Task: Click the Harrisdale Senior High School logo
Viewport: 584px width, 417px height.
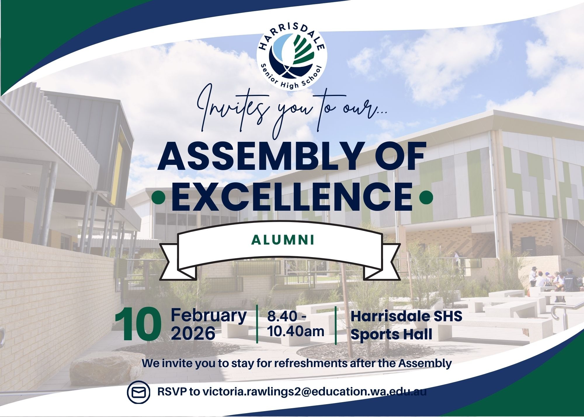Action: pyautogui.click(x=292, y=58)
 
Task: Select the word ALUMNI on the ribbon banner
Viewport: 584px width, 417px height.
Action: pyautogui.click(x=283, y=240)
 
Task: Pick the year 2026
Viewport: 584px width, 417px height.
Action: pyautogui.click(x=193, y=333)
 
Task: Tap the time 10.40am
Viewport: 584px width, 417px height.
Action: pyautogui.click(x=296, y=331)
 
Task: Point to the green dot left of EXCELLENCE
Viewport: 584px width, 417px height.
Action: pyautogui.click(x=158, y=198)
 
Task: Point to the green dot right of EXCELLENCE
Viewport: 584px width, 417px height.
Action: pyautogui.click(x=425, y=198)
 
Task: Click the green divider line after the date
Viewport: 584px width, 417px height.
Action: pyautogui.click(x=257, y=324)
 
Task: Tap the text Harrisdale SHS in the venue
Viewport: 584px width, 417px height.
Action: pyautogui.click(x=406, y=316)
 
